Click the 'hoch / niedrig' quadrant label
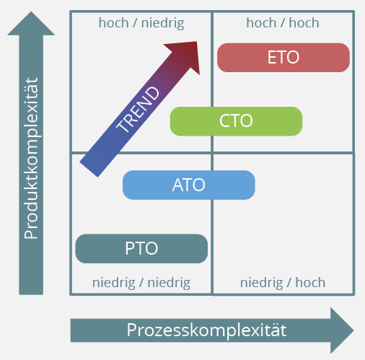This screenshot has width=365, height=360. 141,23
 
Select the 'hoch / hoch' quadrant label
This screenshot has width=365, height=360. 283,23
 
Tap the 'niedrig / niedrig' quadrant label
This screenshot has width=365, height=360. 141,282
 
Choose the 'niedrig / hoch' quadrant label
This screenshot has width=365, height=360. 283,282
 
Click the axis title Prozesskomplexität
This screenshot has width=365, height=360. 206,330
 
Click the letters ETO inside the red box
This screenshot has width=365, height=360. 283,58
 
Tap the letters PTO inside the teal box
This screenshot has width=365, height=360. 141,249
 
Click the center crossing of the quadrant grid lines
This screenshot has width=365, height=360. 212,153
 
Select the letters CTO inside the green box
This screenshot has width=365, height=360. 236,121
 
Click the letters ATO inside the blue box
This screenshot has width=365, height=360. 189,185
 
